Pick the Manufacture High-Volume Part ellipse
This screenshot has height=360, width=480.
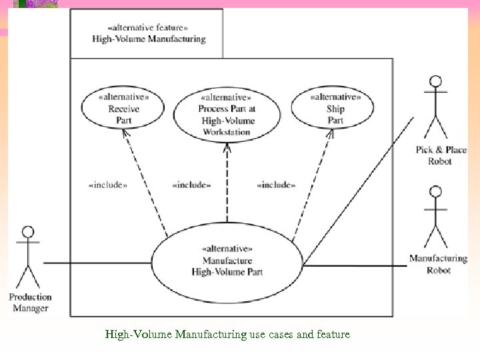[x=227, y=261]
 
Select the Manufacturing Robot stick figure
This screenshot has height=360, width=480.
[x=436, y=217]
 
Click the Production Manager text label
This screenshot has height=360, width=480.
[x=30, y=303]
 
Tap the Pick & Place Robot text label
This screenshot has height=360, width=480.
[x=441, y=155]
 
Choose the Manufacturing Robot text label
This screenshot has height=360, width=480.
[x=438, y=264]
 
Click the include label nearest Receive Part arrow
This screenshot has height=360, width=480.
[x=107, y=185]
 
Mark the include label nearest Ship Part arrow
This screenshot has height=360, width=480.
[x=276, y=185]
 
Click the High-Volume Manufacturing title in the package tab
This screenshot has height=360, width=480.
[x=149, y=39]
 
